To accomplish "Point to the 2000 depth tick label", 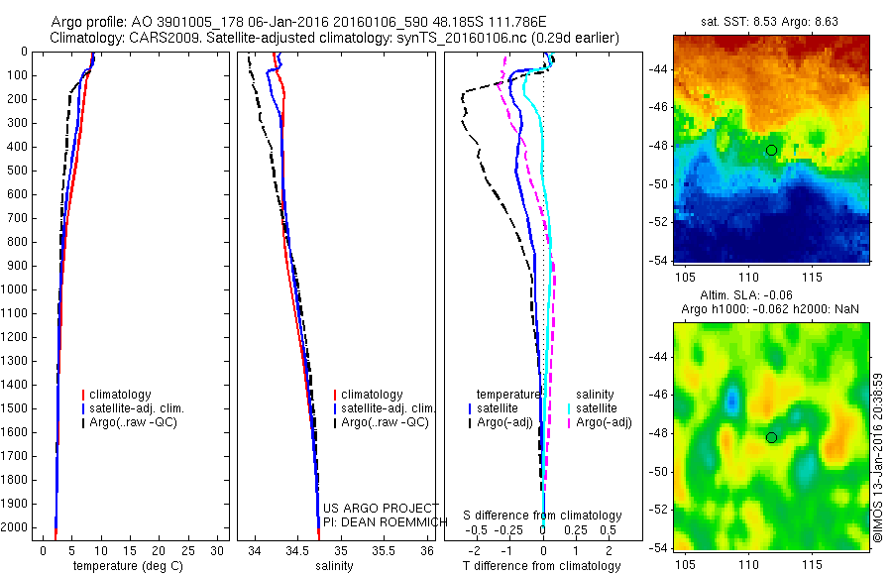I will pyautogui.click(x=18, y=527).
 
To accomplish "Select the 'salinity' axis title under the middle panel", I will pyautogui.click(x=333, y=566).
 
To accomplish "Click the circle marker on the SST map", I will pyautogui.click(x=771, y=150).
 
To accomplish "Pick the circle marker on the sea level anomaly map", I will pyautogui.click(x=771, y=437).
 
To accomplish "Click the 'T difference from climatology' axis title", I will pyautogui.click(x=541, y=566).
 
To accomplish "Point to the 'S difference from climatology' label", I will pyautogui.click(x=542, y=516).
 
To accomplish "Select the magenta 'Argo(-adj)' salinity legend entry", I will pyautogui.click(x=604, y=422).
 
